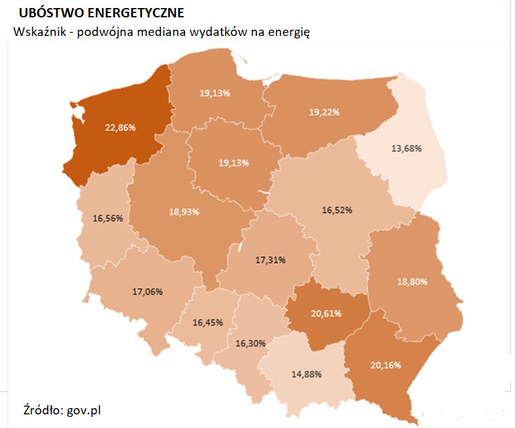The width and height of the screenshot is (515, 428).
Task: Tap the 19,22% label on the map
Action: [324, 112]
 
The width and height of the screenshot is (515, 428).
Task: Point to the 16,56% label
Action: [108, 218]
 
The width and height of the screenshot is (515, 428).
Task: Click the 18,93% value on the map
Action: [184, 211]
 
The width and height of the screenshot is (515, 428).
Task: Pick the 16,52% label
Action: [337, 210]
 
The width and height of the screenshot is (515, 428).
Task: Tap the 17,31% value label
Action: [270, 260]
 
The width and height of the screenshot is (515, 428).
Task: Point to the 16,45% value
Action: [208, 322]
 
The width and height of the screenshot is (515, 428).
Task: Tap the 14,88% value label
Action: [307, 374]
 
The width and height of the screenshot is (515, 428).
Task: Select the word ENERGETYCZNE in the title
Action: [134, 13]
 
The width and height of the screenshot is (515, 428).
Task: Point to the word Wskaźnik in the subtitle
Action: [38, 32]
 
